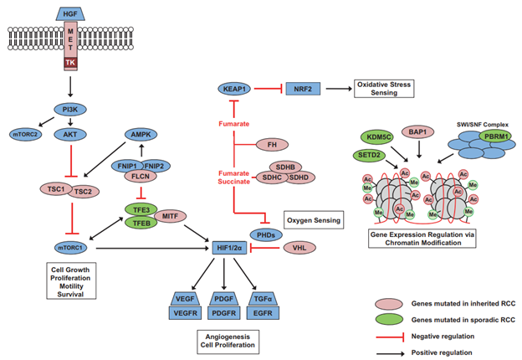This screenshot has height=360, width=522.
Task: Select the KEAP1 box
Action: pos(236,87)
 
